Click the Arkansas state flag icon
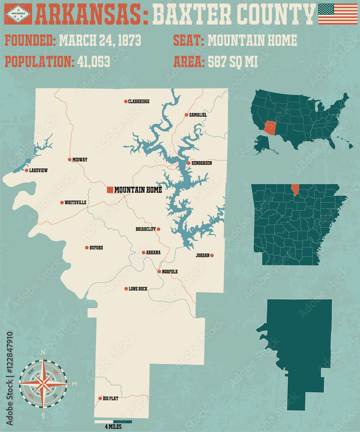click(18, 14)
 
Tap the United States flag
click(338, 14)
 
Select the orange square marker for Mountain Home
click(110, 190)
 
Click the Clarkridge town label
click(139, 102)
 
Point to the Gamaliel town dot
click(186, 115)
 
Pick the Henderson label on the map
click(202, 163)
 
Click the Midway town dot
click(70, 160)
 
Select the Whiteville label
click(76, 203)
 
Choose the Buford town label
click(96, 248)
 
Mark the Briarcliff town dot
click(159, 229)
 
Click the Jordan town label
click(202, 255)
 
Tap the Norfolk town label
click(170, 272)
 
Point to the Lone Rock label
click(138, 289)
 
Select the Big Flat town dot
click(99, 398)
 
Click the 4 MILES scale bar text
click(113, 427)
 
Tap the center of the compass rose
click(43, 384)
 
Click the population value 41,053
click(93, 62)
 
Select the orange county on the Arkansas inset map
click(295, 190)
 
